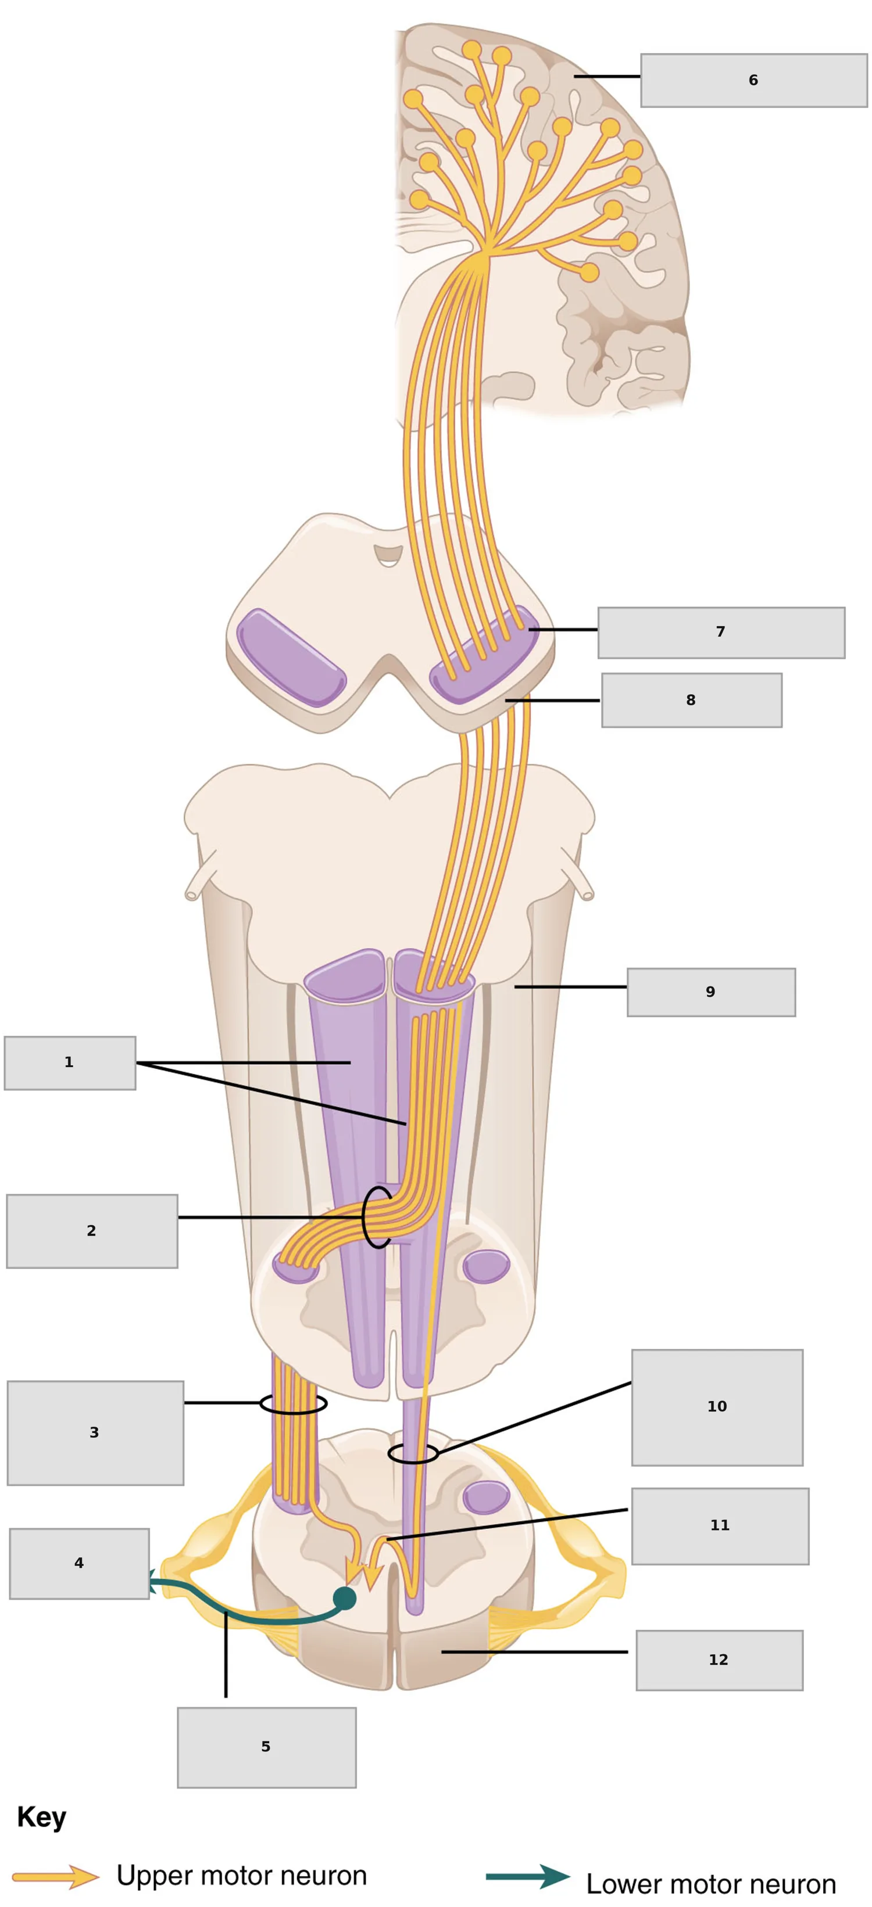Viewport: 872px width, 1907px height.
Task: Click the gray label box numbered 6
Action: coord(753,80)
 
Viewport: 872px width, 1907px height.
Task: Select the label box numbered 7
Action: coord(721,632)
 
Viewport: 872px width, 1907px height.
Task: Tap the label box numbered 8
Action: coord(691,699)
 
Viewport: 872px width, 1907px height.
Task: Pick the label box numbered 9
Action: coord(711,992)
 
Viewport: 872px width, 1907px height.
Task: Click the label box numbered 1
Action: coord(70,1062)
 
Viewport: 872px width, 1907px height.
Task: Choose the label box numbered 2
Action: coord(92,1230)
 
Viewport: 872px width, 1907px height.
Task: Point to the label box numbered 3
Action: coord(95,1432)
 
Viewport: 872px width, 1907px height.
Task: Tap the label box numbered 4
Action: coord(79,1563)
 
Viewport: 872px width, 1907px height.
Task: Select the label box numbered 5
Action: coord(267,1747)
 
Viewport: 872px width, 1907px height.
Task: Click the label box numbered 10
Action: coord(717,1406)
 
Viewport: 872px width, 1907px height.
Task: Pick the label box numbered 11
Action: coord(720,1526)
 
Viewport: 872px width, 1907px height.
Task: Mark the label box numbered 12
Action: coord(719,1660)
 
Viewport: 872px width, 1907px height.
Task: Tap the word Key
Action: coord(41,1817)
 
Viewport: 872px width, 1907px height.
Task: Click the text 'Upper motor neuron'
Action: coord(241,1875)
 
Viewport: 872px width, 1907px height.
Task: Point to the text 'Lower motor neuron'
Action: coord(711,1883)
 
